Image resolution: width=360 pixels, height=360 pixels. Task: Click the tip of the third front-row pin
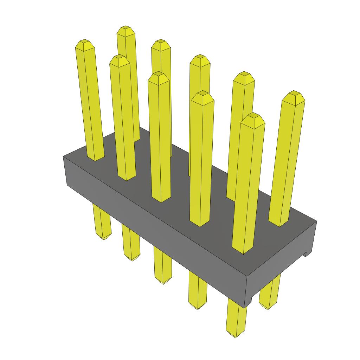[x=158, y=74]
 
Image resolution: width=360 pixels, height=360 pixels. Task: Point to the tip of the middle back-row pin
[x=200, y=57]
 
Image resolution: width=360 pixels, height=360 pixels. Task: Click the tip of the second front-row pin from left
[x=119, y=57]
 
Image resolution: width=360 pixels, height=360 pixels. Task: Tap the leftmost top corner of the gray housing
[x=64, y=156]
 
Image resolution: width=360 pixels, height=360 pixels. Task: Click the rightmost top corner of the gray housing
[x=316, y=221]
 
